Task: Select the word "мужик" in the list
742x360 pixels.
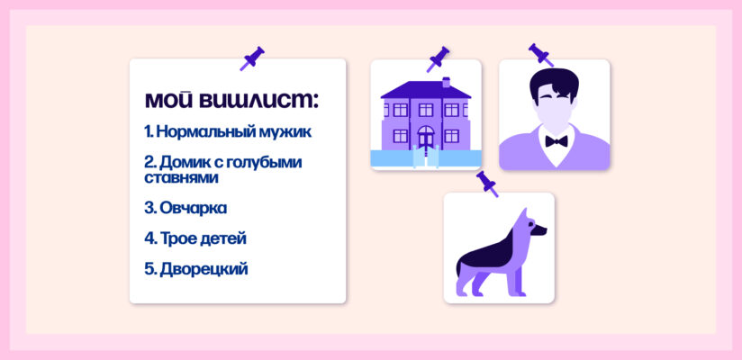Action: click(282, 132)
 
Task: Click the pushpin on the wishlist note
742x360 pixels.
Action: click(251, 58)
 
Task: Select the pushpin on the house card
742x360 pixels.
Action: click(439, 58)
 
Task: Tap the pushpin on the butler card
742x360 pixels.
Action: click(540, 54)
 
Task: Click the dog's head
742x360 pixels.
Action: click(530, 229)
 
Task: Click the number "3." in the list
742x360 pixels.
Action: click(150, 208)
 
